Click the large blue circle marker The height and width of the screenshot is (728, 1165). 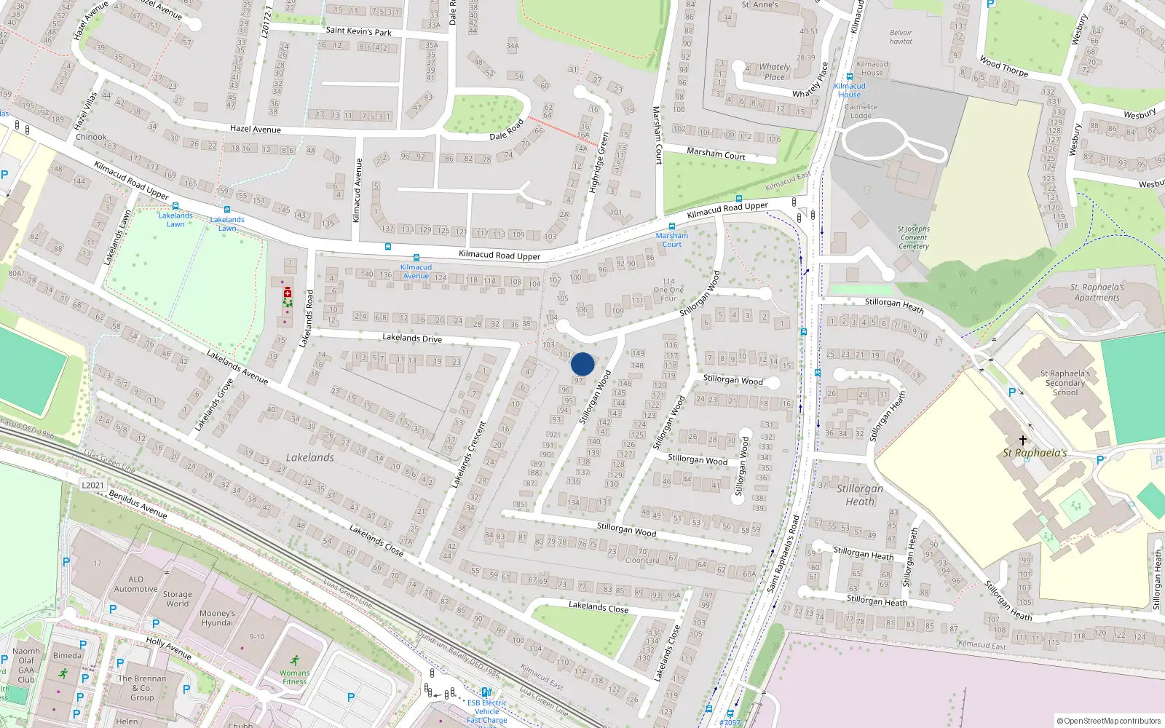[x=582, y=364]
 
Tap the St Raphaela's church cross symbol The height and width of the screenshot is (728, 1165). [x=1022, y=440]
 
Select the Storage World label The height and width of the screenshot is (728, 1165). [x=177, y=599]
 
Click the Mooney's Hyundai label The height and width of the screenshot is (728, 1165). [x=217, y=618]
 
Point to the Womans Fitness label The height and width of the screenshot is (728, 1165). [x=294, y=678]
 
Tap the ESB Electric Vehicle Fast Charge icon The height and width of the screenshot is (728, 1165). [x=486, y=692]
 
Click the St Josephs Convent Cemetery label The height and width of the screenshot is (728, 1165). [x=914, y=237]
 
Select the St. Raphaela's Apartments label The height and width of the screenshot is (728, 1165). [x=1097, y=292]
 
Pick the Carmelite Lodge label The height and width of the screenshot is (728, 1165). [x=861, y=111]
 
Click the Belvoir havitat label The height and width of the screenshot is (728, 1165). [x=901, y=37]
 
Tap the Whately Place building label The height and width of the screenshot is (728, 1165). [x=774, y=71]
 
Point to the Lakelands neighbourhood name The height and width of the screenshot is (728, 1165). [x=309, y=457]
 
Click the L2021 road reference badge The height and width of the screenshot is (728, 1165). [x=92, y=485]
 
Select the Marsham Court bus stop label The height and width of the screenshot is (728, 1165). [x=671, y=240]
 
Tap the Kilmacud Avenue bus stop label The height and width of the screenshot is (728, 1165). [x=416, y=272]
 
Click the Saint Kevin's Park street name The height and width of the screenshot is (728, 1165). [x=358, y=31]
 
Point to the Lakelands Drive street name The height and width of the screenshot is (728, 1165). [x=412, y=338]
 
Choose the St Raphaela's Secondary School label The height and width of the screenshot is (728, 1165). [x=1065, y=383]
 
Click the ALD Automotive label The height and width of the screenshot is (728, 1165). [x=135, y=585]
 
